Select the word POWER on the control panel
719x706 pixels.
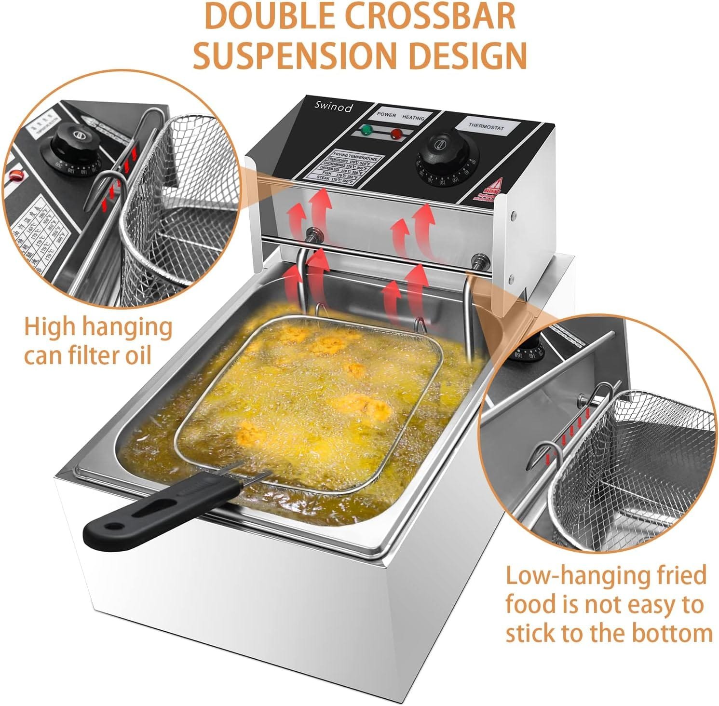point(387,115)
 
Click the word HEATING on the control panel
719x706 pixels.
point(413,118)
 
